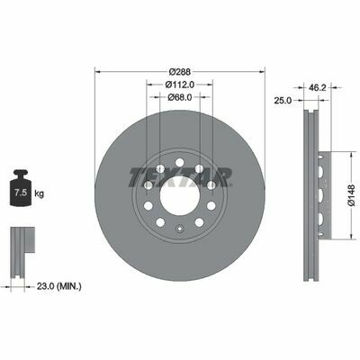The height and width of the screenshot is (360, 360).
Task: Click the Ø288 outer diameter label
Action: pos(180,72)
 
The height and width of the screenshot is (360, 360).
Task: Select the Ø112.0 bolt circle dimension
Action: pos(180,85)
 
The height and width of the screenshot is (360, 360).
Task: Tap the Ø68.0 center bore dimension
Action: pos(180,97)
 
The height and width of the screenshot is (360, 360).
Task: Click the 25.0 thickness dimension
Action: pos(283,101)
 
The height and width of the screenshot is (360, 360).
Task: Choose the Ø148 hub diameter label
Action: pos(352,195)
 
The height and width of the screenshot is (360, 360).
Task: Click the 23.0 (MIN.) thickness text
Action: pos(58,286)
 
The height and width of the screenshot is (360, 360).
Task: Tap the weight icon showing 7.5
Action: pos(21,188)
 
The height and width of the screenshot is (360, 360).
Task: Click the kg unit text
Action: pos(40,193)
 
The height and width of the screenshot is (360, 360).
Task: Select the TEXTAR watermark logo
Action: pos(181,177)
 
